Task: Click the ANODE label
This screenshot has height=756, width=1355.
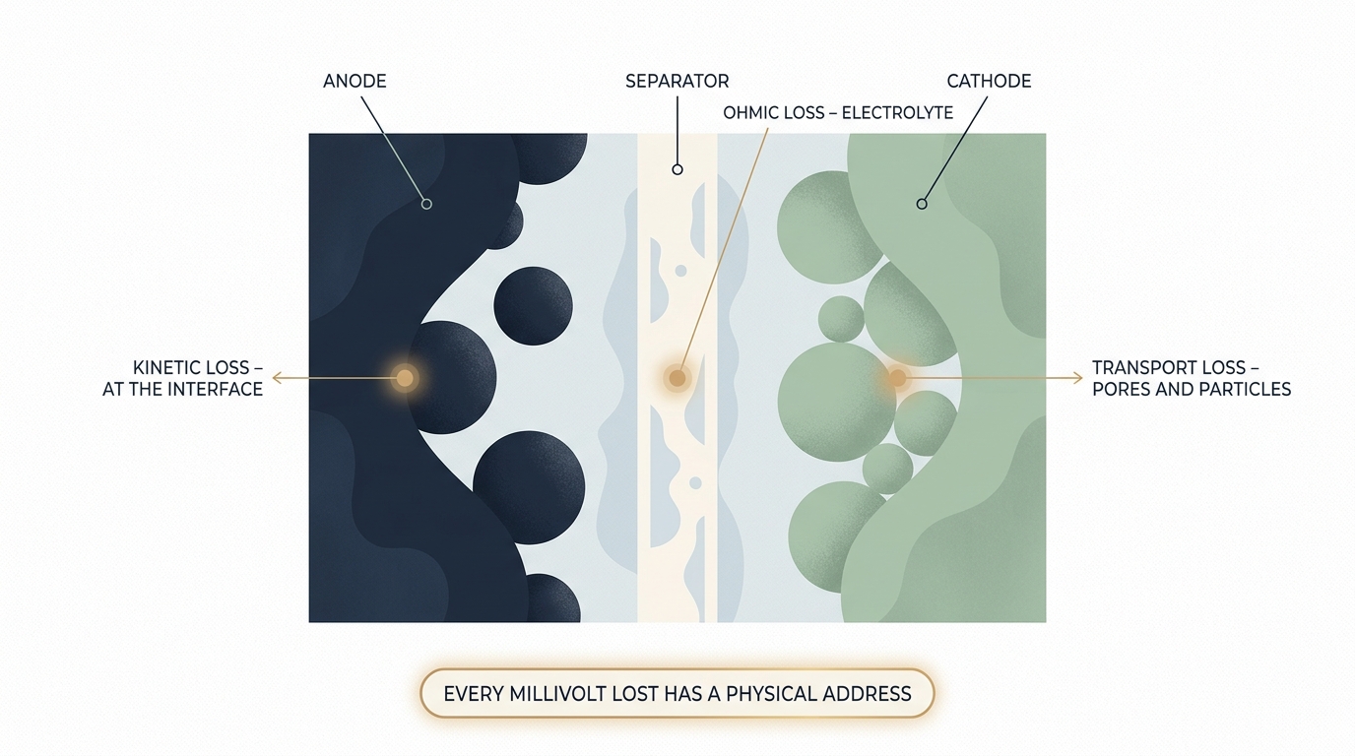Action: [355, 81]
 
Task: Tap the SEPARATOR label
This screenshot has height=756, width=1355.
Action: [677, 81]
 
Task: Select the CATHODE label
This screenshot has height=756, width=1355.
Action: [989, 81]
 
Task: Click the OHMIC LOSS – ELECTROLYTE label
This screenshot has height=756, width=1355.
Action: [838, 113]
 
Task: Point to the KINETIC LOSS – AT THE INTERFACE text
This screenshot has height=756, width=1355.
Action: [183, 378]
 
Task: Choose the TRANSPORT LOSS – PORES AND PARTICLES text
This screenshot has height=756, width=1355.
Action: [1192, 378]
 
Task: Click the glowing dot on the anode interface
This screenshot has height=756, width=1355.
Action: [405, 378]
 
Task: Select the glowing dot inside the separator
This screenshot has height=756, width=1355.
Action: [677, 378]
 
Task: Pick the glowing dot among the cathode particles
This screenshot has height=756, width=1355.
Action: [898, 378]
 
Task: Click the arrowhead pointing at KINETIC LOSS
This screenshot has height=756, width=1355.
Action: [277, 378]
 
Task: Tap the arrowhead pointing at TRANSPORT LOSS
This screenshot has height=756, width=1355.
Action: [1078, 378]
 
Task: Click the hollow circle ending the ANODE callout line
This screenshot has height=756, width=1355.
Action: [426, 205]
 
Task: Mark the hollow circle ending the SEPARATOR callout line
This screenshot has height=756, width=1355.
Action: [677, 170]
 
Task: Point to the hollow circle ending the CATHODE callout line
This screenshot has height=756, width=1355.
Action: [922, 205]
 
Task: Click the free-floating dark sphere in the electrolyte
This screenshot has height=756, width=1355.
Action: [533, 306]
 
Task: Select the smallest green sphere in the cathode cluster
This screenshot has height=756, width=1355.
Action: [841, 319]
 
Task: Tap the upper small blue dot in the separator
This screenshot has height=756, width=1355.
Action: [681, 271]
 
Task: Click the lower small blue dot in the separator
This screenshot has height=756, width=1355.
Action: [695, 483]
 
